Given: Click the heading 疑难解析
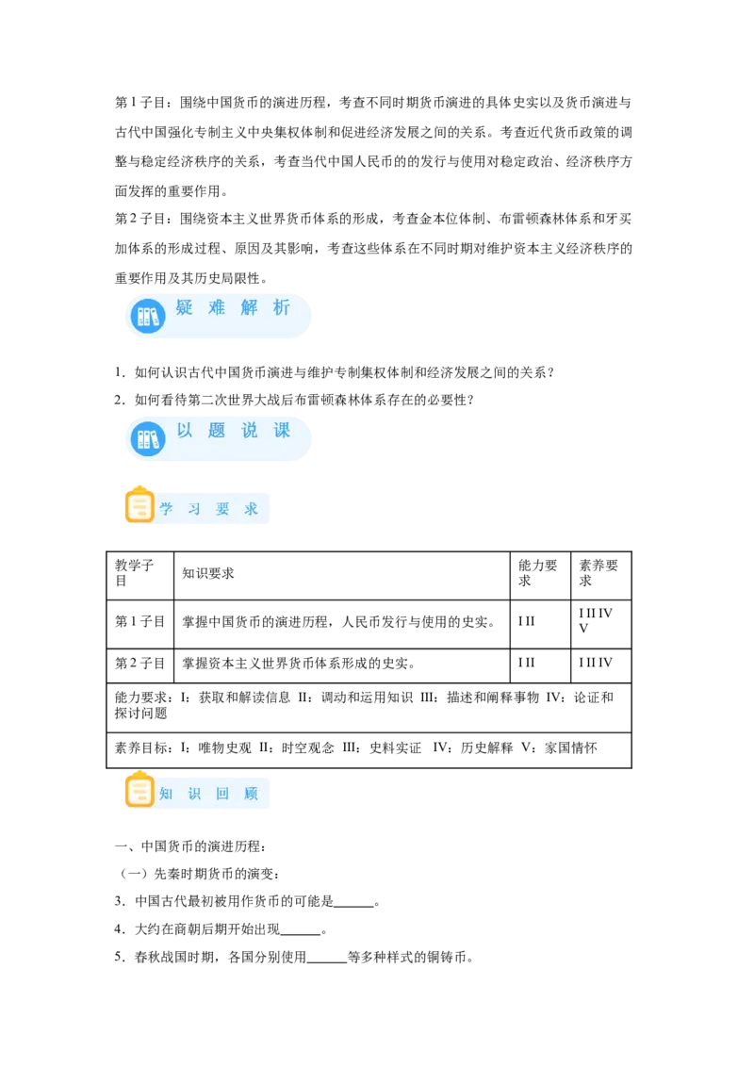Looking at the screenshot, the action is (233, 307).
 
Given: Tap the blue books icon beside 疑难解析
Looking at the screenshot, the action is (148, 317).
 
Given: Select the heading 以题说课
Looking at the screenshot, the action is (233, 430).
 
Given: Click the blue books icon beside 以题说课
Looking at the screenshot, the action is (148, 439).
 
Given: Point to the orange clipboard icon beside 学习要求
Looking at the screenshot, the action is (139, 505).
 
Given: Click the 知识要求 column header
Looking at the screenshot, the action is (208, 574).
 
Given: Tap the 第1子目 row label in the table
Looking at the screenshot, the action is (140, 622).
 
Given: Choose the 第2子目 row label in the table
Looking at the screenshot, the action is (140, 664).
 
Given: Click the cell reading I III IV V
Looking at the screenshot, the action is (596, 620).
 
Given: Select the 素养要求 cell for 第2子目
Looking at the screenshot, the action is (596, 663).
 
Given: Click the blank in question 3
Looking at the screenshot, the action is (353, 907).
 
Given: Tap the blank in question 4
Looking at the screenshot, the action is (300, 933).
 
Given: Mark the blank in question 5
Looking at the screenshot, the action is (327, 961).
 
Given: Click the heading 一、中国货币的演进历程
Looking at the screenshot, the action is (189, 846).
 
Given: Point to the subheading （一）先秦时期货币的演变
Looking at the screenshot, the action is (198, 875).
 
